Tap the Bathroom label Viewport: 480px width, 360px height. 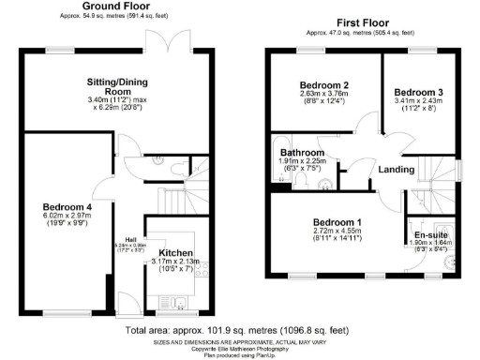pos(301,152)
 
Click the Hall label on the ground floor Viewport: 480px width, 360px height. pos(130,239)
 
